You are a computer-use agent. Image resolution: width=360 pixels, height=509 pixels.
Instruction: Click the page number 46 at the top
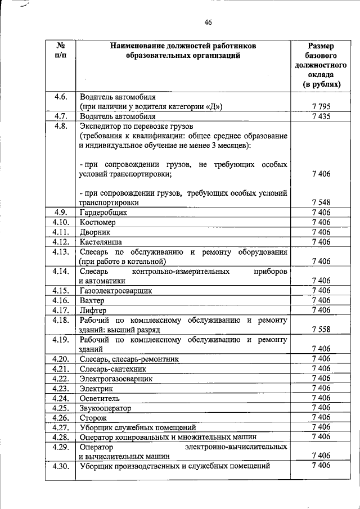point(208,22)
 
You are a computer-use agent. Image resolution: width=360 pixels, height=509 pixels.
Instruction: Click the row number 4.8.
point(61,126)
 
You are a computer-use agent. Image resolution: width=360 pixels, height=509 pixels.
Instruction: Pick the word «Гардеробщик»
point(103,213)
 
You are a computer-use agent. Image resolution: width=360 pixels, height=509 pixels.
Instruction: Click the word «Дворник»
point(96,232)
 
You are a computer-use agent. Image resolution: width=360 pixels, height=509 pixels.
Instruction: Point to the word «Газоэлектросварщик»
point(116,291)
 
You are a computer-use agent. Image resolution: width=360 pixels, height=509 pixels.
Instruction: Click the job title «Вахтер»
point(93,300)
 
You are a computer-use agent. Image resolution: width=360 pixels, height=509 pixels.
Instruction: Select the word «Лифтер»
point(93,310)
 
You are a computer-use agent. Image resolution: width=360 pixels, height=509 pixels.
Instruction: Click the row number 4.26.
point(61,417)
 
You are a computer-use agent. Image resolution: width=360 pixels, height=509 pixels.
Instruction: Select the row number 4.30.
point(61,466)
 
